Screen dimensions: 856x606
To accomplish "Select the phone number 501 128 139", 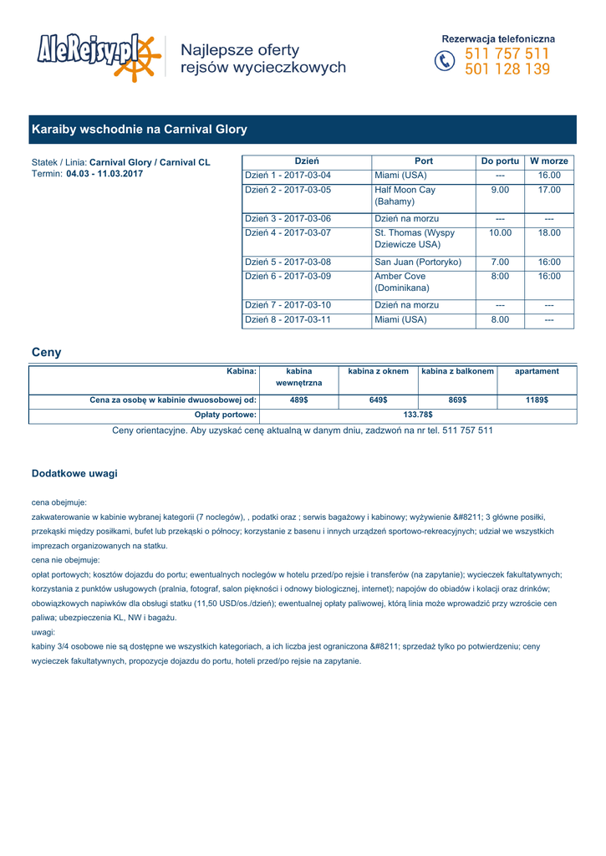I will coord(507,69).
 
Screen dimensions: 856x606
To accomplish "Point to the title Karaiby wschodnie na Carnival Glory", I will coord(139,130).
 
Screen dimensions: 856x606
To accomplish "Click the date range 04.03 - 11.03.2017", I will coord(104,174).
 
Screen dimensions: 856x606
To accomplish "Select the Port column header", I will coord(424,160).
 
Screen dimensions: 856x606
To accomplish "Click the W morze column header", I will coord(549,160).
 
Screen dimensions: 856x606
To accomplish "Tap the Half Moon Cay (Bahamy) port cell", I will coord(405,196).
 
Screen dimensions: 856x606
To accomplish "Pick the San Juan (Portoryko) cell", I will coord(418,262).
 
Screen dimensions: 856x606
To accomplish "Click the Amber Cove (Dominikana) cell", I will coord(400,282).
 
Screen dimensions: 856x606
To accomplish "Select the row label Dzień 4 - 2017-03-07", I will coord(288,232).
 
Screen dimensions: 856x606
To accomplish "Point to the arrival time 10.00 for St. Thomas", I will coord(500,232).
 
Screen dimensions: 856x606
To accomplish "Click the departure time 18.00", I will coord(549,232).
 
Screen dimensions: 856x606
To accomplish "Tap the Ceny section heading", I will coord(46,352).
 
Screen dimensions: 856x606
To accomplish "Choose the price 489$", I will coord(299,400).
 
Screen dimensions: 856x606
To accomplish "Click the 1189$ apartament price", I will coord(537,400).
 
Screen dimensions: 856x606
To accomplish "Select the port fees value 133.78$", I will coord(418,414).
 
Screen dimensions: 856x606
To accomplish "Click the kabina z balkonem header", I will coord(457,370).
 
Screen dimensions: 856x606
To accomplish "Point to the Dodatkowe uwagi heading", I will coord(74,473).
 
